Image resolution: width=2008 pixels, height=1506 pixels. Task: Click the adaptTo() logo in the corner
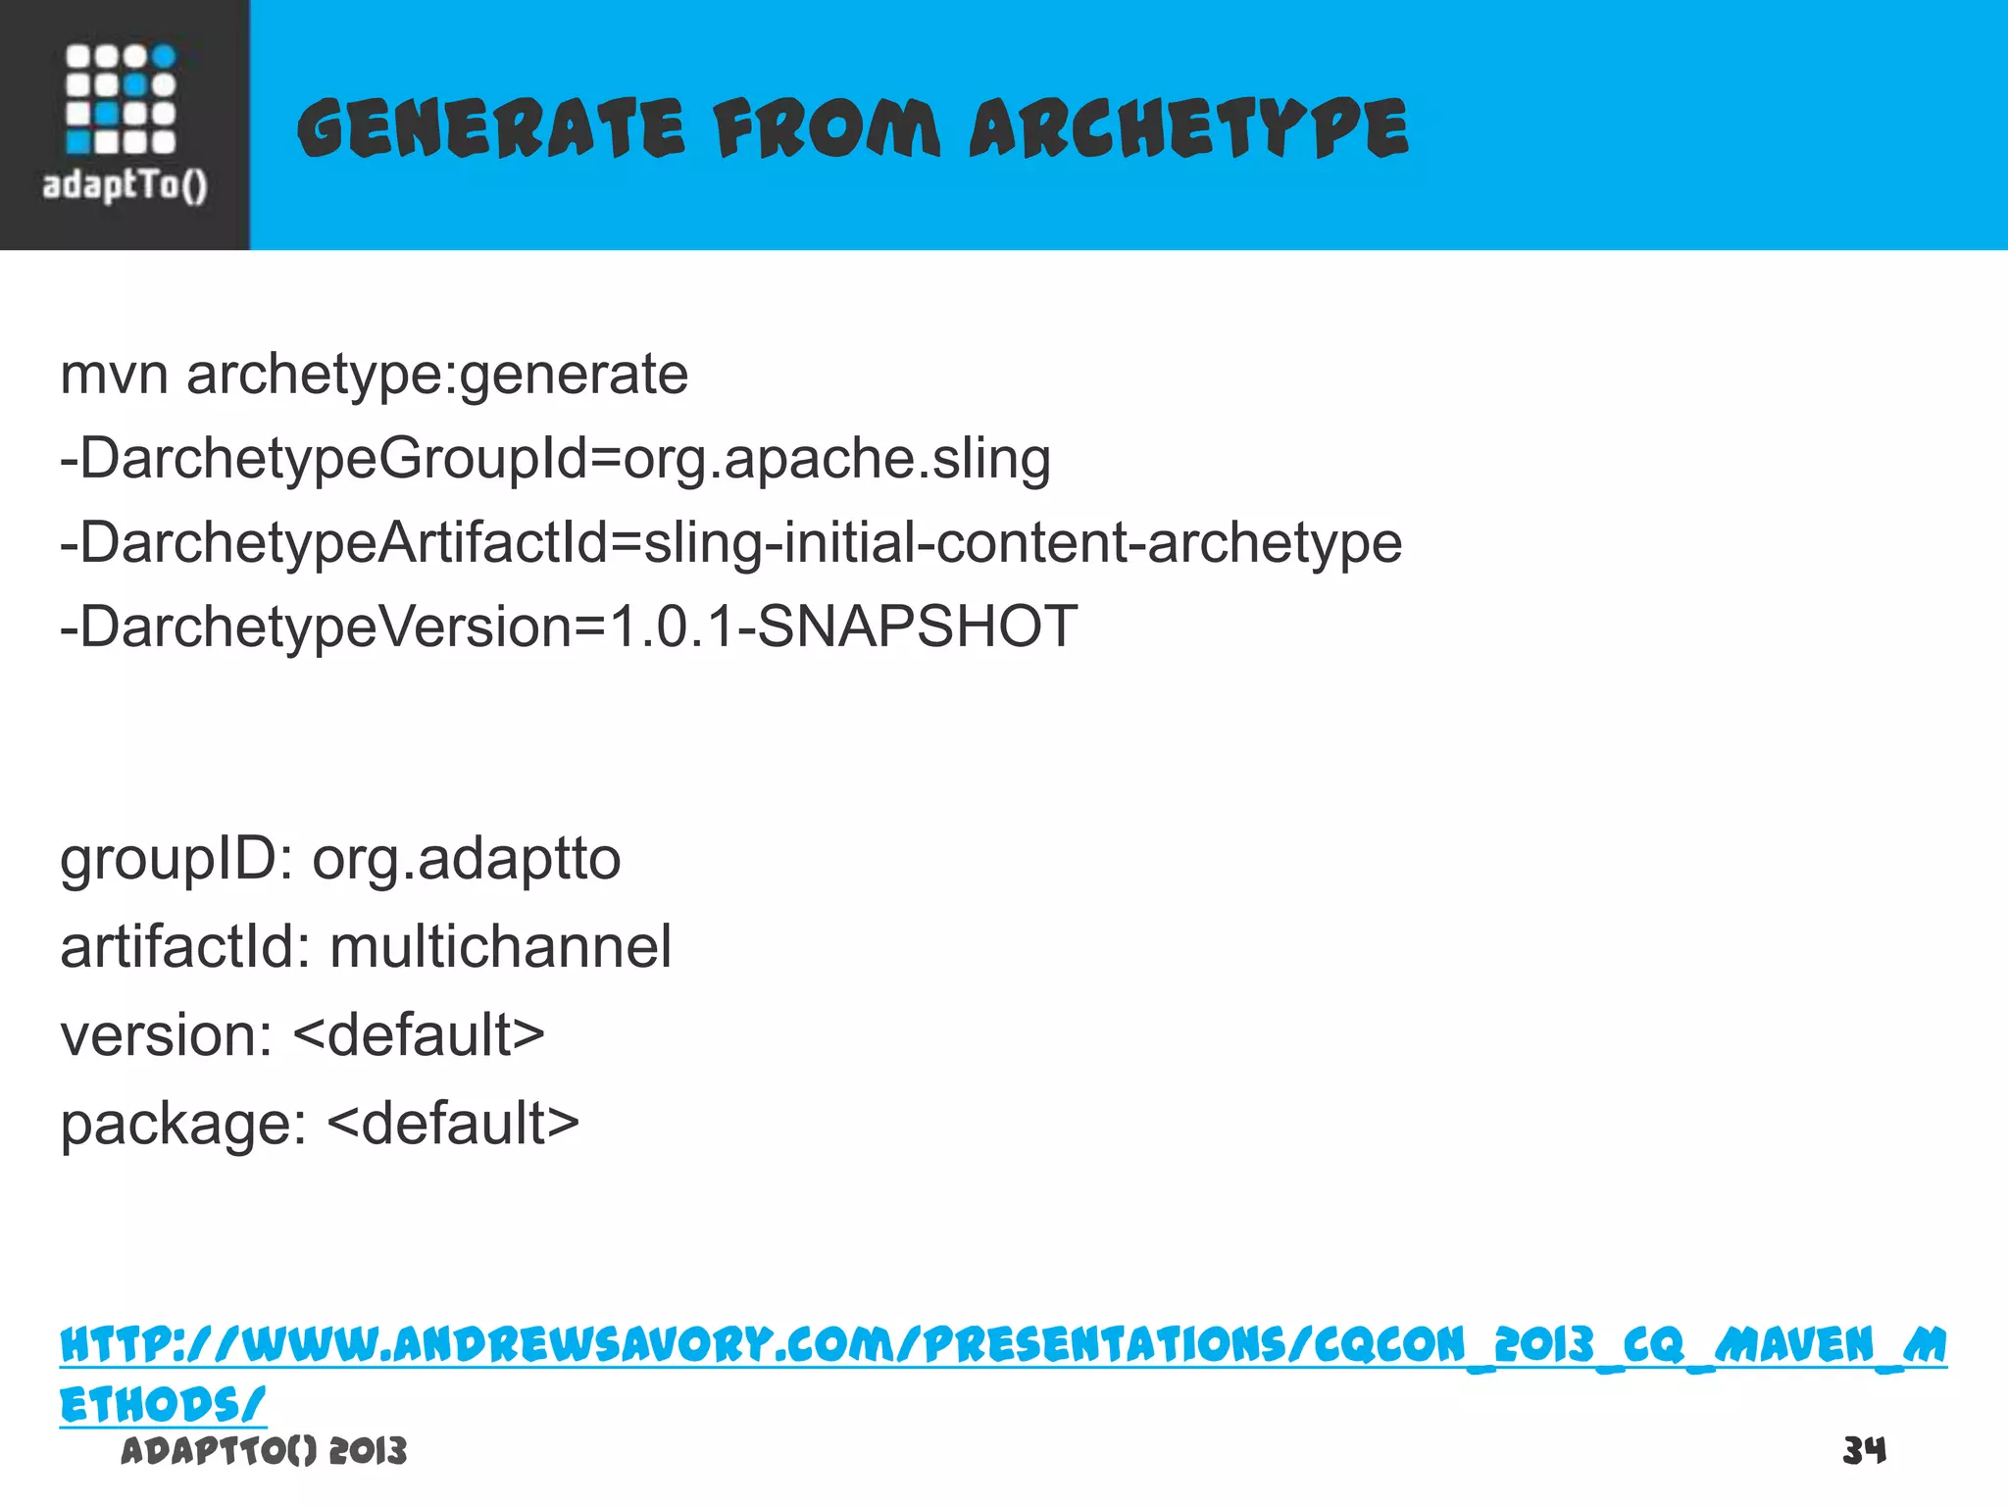pos(124,124)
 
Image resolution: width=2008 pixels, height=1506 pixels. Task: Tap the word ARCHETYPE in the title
pos(1188,129)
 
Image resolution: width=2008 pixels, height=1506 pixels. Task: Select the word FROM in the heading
pos(827,129)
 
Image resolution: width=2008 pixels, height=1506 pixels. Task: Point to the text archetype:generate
pos(437,376)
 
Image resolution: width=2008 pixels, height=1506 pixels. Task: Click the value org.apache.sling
pos(836,459)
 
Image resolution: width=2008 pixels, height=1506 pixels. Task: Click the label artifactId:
pos(185,948)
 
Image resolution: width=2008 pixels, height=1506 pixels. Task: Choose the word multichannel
pos(500,948)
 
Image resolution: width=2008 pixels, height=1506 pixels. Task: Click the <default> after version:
pos(419,1035)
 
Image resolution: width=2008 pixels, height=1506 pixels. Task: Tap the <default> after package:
pos(453,1123)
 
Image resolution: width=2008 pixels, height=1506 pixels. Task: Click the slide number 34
pos(1864,1450)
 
